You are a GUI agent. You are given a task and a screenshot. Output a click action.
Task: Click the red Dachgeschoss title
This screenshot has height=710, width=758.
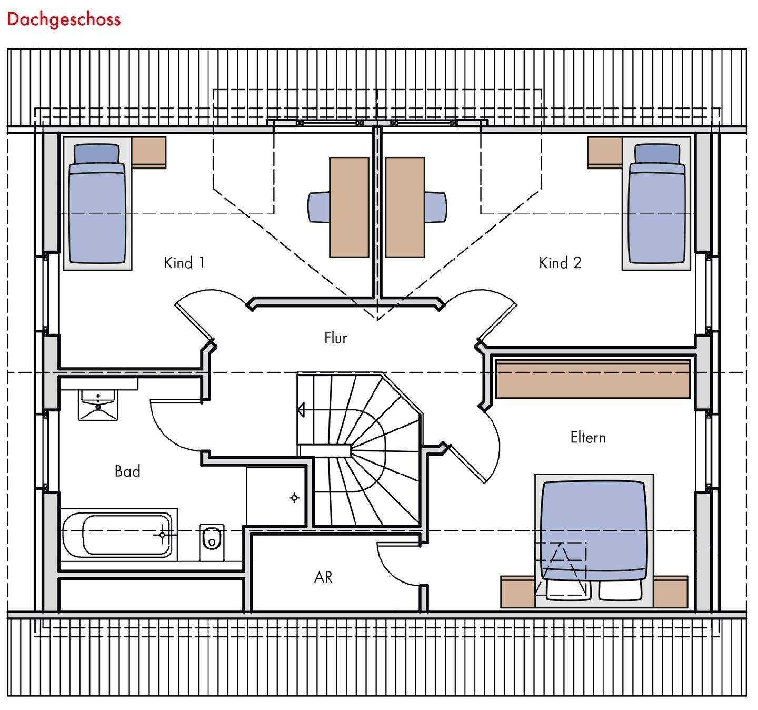(x=64, y=19)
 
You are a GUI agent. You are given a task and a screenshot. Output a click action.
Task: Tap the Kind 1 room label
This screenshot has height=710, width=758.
(x=184, y=262)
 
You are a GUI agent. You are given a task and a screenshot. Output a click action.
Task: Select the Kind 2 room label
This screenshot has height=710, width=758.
(x=560, y=262)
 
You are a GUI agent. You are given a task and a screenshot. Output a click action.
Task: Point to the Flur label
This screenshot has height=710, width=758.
(x=335, y=338)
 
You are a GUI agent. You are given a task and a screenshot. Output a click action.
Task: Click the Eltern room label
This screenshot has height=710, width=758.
(x=587, y=437)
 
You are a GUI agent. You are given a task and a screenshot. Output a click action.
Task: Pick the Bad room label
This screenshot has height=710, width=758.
(x=127, y=471)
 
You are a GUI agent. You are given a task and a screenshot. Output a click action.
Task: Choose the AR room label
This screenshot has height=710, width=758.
(x=323, y=577)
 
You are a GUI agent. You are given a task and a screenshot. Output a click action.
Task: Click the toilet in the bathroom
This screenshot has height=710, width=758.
(x=212, y=539)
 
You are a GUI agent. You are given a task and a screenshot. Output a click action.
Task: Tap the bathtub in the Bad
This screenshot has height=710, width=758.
(x=117, y=535)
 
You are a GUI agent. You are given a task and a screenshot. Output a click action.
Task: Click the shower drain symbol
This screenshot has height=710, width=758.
(x=294, y=498)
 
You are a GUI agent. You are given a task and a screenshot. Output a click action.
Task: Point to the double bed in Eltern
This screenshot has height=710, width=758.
(x=594, y=532)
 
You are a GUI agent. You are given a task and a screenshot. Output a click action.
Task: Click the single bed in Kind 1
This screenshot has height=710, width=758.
(x=97, y=211)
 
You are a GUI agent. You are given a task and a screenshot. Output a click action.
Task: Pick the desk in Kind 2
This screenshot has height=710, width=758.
(x=404, y=206)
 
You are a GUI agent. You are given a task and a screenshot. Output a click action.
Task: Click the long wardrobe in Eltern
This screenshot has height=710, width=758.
(x=593, y=379)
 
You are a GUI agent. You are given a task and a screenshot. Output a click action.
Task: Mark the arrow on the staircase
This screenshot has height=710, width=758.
(x=301, y=409)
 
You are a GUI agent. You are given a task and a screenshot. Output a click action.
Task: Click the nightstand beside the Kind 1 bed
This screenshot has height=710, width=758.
(x=149, y=152)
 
